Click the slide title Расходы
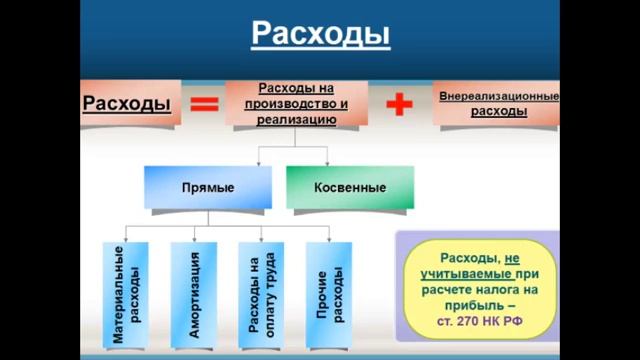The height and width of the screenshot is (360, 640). [x=319, y=34]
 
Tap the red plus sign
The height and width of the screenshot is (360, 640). [x=400, y=104]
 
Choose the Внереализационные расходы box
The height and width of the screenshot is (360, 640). [x=498, y=104]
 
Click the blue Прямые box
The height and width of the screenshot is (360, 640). [x=208, y=187]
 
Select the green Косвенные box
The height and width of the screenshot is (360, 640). [x=349, y=187]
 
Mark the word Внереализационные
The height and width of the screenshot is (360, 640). [x=498, y=97]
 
